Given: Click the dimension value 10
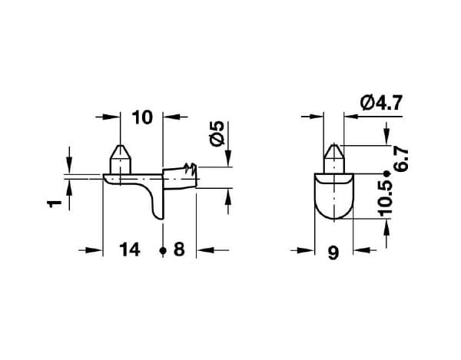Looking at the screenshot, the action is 142,117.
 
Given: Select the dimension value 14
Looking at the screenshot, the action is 129,250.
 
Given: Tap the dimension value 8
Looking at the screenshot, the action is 179,249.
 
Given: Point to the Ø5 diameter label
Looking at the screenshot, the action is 217,134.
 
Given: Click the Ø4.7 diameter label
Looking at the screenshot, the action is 381,103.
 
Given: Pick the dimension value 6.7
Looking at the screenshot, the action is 401,160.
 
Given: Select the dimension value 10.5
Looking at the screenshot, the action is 386,199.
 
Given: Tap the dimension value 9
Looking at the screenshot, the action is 333,253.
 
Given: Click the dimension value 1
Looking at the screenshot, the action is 55,203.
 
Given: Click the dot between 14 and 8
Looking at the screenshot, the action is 163,251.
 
